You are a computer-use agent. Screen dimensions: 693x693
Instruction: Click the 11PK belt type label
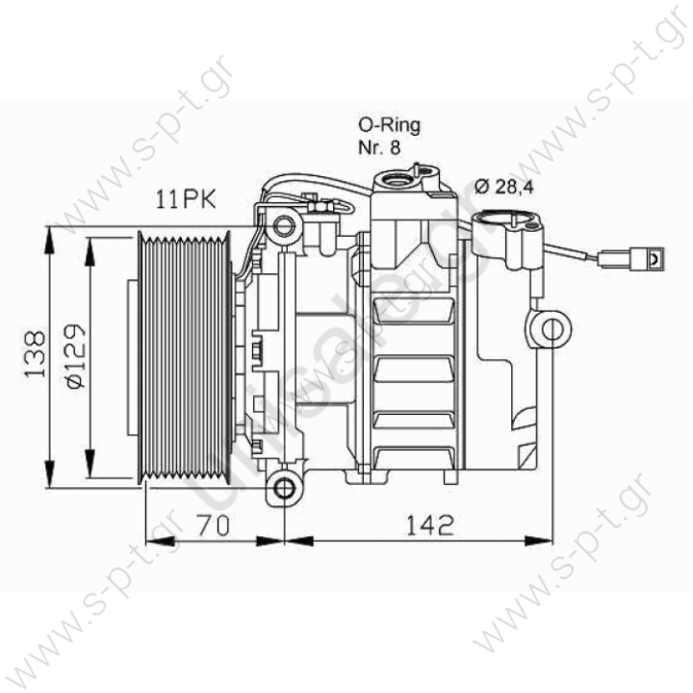(x=187, y=200)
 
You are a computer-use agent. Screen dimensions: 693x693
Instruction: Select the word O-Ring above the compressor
(x=388, y=125)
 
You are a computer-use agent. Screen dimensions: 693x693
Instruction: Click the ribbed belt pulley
(x=183, y=356)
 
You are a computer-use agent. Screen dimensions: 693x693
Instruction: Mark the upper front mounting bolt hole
(x=283, y=227)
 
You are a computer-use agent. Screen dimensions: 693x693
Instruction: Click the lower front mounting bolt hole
(x=284, y=488)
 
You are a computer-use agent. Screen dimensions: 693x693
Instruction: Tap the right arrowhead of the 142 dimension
(x=548, y=540)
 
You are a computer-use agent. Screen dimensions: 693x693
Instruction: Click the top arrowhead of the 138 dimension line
(x=49, y=232)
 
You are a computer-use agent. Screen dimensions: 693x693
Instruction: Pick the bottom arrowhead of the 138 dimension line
(x=49, y=483)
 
